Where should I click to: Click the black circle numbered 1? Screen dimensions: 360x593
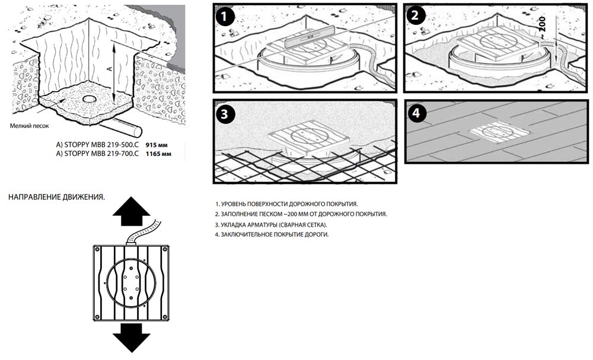coord(224,15)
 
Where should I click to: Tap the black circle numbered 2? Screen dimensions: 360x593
coord(414,15)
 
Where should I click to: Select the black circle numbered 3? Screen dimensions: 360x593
coord(224,114)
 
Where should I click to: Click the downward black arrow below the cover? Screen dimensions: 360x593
coord(129,337)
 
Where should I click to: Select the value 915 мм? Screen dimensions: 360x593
coord(157,144)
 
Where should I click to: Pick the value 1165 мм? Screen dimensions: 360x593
coord(158,154)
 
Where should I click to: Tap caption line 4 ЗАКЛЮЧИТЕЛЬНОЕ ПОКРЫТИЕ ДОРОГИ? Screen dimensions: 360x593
coord(272,235)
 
